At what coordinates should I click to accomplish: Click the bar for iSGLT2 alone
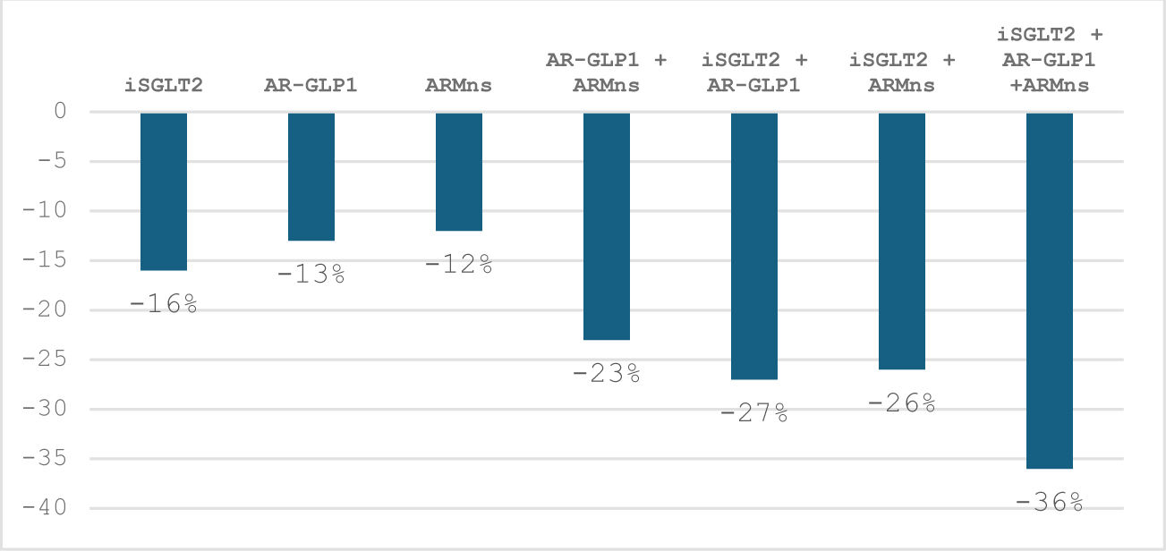click(164, 191)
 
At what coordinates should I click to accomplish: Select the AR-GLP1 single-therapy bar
click(311, 177)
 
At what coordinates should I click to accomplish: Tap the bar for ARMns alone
click(458, 172)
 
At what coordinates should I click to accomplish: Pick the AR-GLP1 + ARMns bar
click(607, 226)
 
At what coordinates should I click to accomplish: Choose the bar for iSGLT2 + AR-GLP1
click(754, 246)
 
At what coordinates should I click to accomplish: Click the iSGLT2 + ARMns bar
click(901, 242)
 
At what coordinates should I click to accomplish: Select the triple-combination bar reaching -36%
click(1050, 291)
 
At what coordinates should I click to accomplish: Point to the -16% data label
click(164, 304)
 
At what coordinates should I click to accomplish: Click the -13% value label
click(311, 275)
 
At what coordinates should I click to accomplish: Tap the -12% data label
click(458, 264)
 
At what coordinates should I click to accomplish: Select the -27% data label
click(754, 413)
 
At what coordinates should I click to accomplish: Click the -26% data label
click(901, 403)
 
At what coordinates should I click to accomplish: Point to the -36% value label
click(1050, 503)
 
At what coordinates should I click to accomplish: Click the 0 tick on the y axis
click(60, 111)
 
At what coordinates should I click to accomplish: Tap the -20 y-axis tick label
click(45, 310)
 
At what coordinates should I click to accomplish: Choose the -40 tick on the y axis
click(45, 508)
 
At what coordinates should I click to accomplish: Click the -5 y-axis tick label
click(52, 161)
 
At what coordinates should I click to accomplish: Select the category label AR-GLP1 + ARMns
click(607, 72)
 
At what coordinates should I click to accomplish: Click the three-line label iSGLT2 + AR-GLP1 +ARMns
click(1050, 59)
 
